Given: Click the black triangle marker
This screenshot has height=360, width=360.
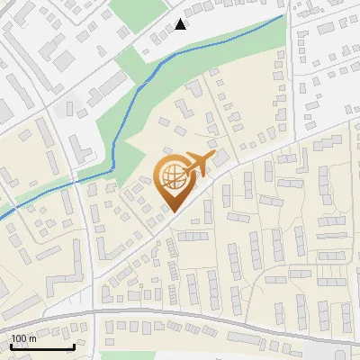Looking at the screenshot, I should click(181, 24).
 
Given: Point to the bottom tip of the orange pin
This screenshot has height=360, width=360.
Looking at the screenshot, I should click(172, 211).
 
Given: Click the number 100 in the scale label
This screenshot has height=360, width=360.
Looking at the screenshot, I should click(19, 338).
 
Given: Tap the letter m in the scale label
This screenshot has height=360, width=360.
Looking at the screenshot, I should click(31, 338).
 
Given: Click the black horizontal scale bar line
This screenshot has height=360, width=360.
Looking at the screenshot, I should click(42, 346).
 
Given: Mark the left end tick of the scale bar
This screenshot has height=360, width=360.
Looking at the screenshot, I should click(11, 346).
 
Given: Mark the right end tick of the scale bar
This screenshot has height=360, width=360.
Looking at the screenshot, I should click(74, 346).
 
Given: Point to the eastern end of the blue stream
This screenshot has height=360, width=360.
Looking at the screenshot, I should click(283, 15).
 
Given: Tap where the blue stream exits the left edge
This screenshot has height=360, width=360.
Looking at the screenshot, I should click(1, 212).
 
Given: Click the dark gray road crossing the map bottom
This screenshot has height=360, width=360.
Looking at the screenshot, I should click(180, 317).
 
